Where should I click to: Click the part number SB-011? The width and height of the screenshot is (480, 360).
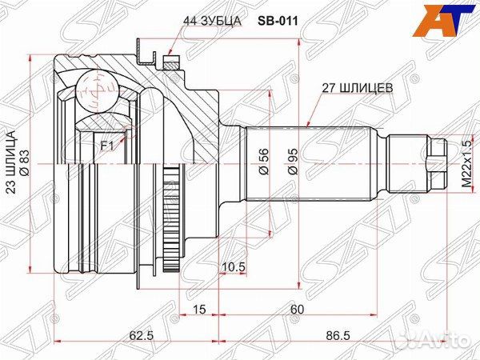[278, 21]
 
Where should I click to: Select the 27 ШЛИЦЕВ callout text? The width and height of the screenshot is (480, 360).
[358, 88]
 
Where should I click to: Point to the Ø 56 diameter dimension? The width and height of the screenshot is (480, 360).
[264, 161]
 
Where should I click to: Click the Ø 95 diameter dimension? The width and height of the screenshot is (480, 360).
[293, 161]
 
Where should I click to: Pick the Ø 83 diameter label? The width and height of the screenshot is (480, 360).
[24, 163]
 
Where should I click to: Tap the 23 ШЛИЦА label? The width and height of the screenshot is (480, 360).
[10, 162]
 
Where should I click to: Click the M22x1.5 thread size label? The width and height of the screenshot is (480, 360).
[467, 164]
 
